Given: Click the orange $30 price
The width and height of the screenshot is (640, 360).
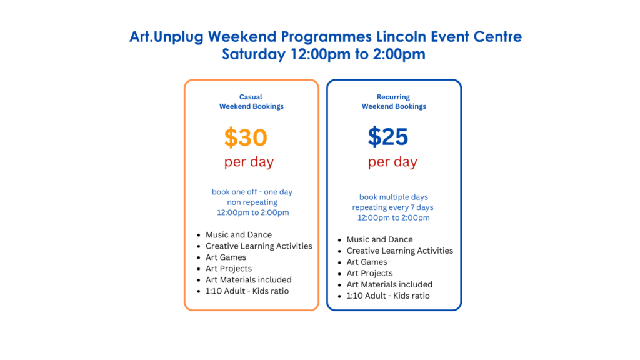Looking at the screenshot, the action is coord(246,137).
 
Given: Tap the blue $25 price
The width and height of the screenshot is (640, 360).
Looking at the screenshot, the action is coord(387,136).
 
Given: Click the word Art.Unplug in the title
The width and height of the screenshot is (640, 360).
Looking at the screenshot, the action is coord(166,37).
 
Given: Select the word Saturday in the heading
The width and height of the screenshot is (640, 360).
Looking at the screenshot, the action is coord(254,54).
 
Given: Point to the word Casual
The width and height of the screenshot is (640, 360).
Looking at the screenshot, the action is coord(251,97).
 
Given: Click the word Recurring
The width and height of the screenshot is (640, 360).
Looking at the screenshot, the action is coord(393,97).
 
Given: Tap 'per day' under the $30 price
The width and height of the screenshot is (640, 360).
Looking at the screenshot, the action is coord(249,162).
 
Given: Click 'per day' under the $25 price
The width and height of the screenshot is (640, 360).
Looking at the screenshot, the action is coord(392,162).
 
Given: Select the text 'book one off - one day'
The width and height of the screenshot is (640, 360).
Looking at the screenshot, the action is coord(252,192).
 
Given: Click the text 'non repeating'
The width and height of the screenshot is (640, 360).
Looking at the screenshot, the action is coord(252,202).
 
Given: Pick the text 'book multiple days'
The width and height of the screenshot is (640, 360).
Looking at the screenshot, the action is coord(394,197).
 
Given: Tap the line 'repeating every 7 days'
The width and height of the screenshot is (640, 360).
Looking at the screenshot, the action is coord(392,207).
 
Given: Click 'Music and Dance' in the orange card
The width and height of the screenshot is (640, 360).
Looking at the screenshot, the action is coord(239,235).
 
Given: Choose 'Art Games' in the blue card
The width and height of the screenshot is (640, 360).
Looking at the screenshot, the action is coord(367,262).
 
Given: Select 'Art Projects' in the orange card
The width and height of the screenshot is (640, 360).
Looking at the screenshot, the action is coord(229,269).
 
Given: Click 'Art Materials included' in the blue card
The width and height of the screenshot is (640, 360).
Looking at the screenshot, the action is coord(389,284).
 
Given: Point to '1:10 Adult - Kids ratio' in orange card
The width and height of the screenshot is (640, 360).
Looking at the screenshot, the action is coord(247,291).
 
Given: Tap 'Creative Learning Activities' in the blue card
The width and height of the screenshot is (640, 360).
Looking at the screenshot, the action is coord(400,251).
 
